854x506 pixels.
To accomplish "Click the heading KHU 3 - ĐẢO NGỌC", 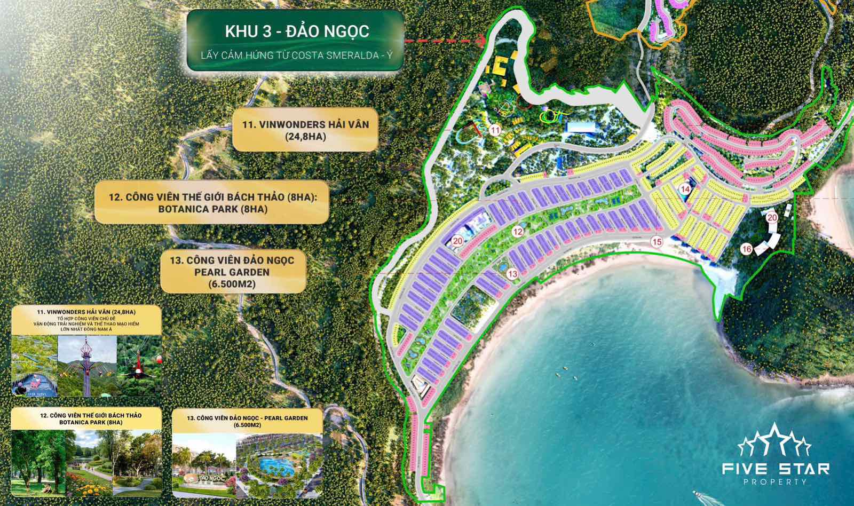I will (x=297, y=31).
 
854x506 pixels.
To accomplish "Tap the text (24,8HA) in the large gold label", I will (x=305, y=137).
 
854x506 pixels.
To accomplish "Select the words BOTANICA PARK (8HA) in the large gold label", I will (x=212, y=209).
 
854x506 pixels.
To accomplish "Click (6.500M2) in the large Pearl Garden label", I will (x=234, y=284).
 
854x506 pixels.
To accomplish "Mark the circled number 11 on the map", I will (x=495, y=130).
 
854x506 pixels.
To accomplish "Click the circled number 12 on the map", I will (x=517, y=232).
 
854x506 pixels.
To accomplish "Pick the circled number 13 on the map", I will (x=512, y=274).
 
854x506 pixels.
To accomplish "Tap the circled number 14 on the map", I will (x=685, y=188).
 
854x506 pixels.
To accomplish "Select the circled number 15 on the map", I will (x=657, y=242).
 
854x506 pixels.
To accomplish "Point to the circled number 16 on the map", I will (x=746, y=249).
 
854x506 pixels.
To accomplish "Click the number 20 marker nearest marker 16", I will (x=772, y=217).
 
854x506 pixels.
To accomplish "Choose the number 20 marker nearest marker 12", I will (x=457, y=241).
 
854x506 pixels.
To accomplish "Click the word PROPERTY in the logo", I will (x=775, y=481).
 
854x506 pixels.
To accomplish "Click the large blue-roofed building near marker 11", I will (x=585, y=127).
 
